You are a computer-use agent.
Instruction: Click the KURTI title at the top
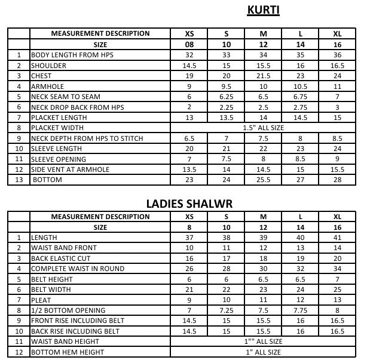click(263, 10)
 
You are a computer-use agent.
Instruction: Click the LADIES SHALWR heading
click(189, 204)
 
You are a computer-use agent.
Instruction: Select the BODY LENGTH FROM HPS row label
click(72, 55)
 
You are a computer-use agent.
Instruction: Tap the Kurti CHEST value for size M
click(264, 76)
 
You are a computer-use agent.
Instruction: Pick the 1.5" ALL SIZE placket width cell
click(264, 128)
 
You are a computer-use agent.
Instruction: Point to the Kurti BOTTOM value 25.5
click(264, 180)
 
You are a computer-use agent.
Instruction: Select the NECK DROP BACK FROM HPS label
click(78, 107)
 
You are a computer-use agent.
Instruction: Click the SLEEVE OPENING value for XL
click(337, 159)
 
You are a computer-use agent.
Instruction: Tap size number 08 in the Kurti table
click(189, 45)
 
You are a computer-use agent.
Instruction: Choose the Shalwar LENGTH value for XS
click(189, 238)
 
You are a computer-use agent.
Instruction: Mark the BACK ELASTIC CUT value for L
click(300, 259)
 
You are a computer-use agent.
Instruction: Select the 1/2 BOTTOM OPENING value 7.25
click(227, 310)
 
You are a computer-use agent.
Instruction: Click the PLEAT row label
click(41, 300)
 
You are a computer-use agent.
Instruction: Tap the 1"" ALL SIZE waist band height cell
click(264, 341)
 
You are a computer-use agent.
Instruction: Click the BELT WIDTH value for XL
click(337, 290)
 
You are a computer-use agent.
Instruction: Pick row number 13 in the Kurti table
click(19, 180)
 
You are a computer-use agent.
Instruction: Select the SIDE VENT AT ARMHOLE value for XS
click(189, 170)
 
